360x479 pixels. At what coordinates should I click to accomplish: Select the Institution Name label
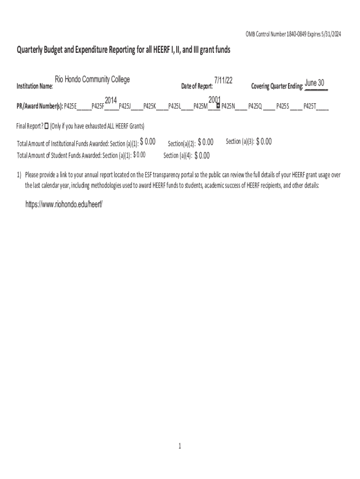[35, 87]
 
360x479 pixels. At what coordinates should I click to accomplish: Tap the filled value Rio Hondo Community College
[92, 80]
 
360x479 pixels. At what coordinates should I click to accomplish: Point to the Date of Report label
[197, 87]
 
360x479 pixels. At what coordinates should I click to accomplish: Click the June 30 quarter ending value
[315, 83]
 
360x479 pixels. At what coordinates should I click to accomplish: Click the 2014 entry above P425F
[110, 101]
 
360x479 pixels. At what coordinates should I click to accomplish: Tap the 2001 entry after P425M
[214, 100]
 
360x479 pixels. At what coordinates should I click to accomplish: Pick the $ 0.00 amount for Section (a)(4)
[202, 156]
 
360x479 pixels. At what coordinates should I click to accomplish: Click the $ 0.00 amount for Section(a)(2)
[206, 142]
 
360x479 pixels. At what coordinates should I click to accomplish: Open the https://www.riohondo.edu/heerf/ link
[64, 205]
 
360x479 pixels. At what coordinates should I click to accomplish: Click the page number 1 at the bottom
[180, 446]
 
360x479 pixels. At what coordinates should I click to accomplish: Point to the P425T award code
[310, 106]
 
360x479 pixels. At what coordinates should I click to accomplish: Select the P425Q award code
[255, 106]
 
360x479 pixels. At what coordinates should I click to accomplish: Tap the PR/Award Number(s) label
[40, 106]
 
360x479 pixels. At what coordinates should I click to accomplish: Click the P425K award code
[150, 106]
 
